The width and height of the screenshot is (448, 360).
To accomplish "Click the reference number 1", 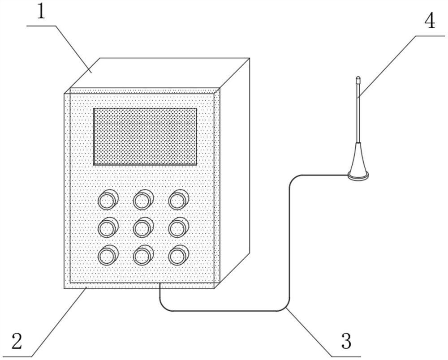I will pos(41,13).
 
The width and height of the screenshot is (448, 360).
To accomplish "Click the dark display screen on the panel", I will pos(145,136).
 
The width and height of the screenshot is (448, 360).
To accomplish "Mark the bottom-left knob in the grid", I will pos(107,256).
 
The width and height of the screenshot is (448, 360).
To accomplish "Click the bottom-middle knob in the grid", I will pos(142,256).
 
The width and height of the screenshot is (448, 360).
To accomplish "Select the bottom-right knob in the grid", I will pos(178,256).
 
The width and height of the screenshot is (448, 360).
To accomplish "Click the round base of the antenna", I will pos(358,176).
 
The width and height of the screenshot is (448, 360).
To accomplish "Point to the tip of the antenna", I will pos(358,80).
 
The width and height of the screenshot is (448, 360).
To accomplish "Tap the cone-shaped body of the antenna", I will pos(358,159).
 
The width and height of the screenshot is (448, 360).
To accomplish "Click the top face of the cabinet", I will pos(157,73).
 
